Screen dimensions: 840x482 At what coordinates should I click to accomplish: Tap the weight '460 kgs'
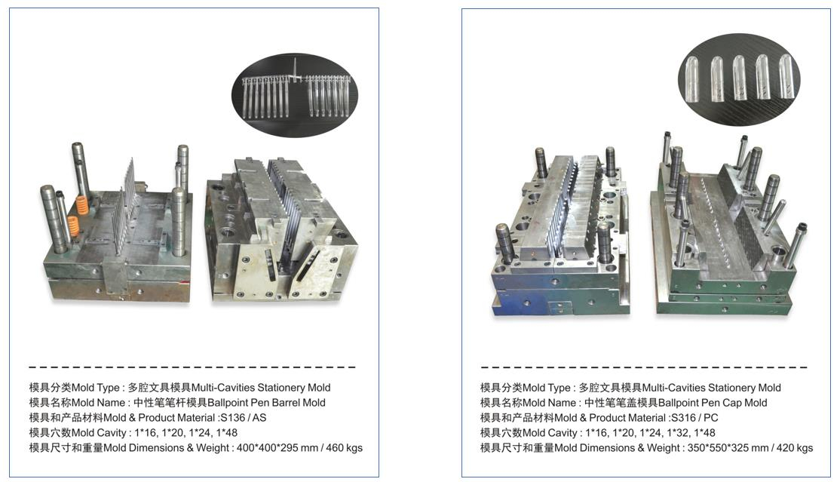click(344, 448)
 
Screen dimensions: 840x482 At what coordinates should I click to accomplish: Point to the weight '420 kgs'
click(795, 448)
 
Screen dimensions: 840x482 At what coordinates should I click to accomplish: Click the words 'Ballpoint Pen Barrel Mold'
click(266, 403)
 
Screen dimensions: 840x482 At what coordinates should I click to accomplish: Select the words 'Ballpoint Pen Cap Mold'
click(713, 403)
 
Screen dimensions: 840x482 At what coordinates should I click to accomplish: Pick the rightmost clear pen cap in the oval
click(786, 76)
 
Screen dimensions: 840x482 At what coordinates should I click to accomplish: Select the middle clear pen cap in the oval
click(739, 77)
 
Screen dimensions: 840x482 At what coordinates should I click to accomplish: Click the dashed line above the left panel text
click(192, 367)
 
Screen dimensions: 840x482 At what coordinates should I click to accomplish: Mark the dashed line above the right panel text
click(643, 367)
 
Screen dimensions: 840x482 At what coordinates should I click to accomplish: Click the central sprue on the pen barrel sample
click(294, 69)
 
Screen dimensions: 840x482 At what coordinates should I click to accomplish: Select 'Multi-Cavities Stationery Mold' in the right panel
click(711, 388)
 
